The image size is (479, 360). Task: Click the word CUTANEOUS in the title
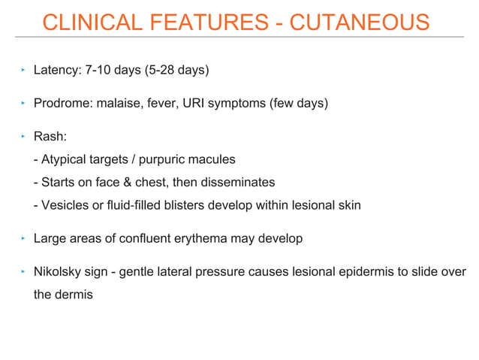tap(360, 23)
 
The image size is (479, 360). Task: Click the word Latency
tap(54, 71)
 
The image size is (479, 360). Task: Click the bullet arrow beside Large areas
tap(23, 239)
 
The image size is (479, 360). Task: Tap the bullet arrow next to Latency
tap(23, 71)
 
